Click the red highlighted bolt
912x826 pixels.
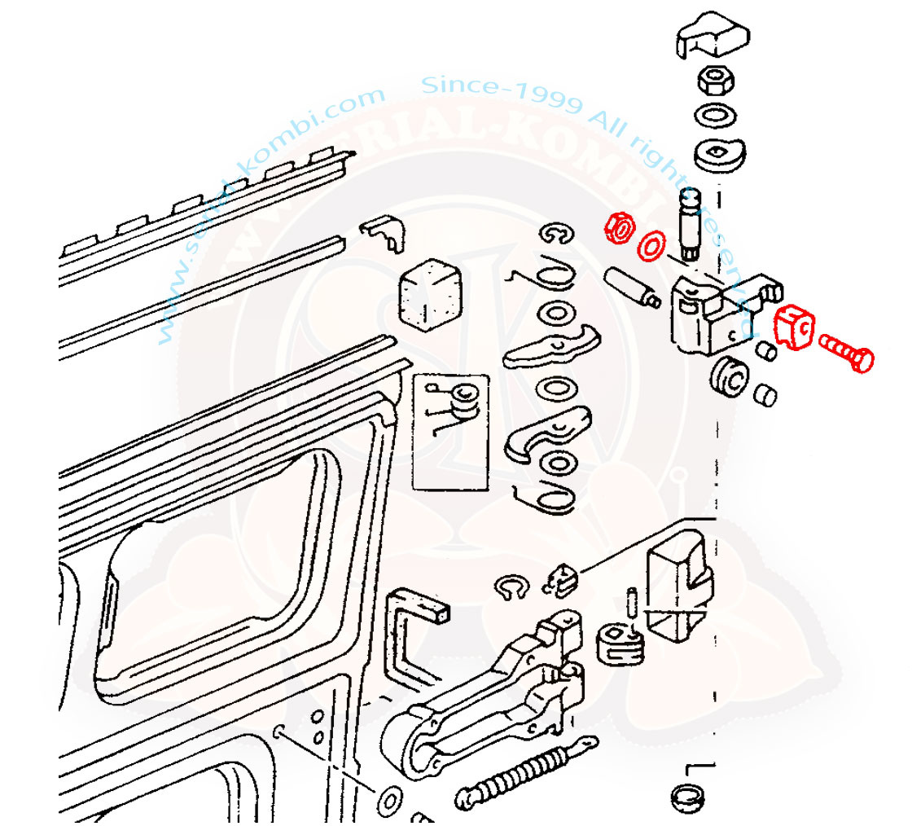(845, 354)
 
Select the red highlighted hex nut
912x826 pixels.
(620, 228)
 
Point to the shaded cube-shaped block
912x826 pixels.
(429, 293)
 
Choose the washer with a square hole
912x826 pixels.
(721, 152)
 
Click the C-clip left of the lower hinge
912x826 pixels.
(511, 590)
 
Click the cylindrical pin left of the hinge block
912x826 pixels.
(631, 287)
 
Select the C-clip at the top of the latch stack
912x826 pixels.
(559, 235)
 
